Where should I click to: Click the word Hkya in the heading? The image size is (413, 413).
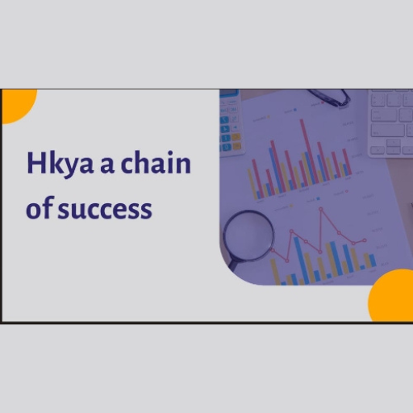click(60, 164)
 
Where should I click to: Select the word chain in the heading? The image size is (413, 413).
click(156, 162)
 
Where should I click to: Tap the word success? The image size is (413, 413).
click(105, 209)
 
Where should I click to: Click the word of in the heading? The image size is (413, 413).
click(40, 206)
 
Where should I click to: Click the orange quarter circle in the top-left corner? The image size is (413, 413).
click(17, 104)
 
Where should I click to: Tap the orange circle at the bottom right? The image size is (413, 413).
click(391, 295)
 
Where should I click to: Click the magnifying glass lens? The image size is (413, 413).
click(248, 236)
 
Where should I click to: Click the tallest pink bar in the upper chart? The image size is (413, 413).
click(307, 151)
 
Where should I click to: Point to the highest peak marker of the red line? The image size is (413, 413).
click(321, 209)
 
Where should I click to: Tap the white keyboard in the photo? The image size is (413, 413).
click(390, 123)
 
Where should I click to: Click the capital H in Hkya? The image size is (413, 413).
click(35, 163)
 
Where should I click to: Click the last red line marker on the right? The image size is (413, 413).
click(365, 240)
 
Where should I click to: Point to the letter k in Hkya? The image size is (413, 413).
click(55, 162)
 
